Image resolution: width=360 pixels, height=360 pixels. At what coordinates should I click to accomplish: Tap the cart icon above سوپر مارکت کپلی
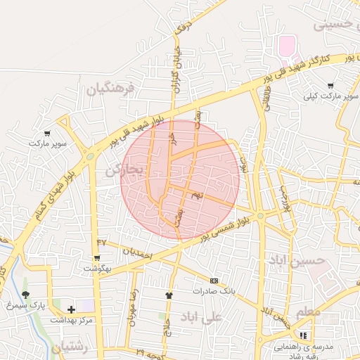coord(330,86)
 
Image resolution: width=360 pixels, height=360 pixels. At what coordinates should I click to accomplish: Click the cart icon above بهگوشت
coord(97,259)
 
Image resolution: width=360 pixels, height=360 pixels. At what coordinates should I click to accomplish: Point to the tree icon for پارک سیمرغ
coord(26,295)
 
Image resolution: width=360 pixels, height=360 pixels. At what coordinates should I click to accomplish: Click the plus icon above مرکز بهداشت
coord(71,309)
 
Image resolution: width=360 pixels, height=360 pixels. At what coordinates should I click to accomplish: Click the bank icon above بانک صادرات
coord(214,281)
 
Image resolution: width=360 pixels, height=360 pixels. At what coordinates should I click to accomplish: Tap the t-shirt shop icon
coord(169,295)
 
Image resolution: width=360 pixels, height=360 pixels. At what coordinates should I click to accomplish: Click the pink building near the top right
coord(287,47)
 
